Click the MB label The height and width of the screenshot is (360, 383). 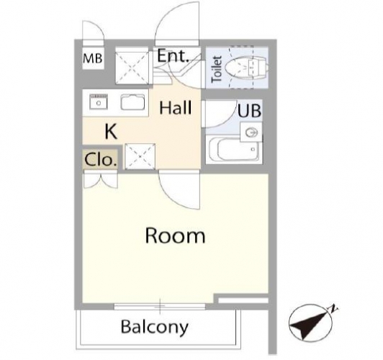coord(93,58)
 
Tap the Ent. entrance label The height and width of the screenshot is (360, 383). coord(174,55)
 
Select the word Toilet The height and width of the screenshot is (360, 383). coord(217,69)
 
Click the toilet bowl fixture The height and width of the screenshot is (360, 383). coord(247,67)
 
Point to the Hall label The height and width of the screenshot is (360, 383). coord(176,108)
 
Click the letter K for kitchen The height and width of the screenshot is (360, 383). coord(111,131)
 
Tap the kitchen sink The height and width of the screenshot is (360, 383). coord(132,102)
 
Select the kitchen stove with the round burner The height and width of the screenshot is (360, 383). coord(99,102)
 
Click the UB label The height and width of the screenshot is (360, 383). coord(249,111)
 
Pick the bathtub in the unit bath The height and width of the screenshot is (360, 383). coord(234,150)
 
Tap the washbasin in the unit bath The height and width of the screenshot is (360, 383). coord(251,132)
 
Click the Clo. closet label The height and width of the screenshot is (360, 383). coord(100,160)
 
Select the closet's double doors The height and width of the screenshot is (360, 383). coord(100,179)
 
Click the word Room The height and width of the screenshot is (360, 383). coord(175,235)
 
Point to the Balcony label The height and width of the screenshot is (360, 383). coord(155,327)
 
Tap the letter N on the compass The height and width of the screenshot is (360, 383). coord(333,309)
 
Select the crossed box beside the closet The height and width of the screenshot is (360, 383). coord(140,156)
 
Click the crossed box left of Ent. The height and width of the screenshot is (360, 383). coord(132,66)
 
